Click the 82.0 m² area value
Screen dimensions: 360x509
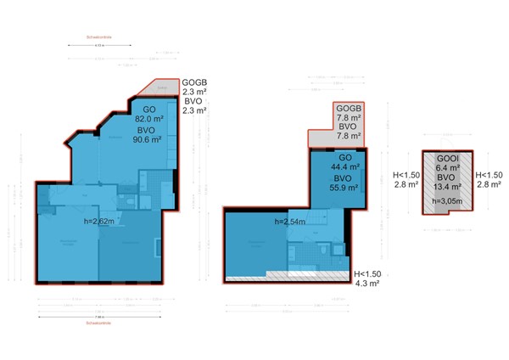tap(148, 120)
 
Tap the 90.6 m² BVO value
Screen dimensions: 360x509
tap(148, 140)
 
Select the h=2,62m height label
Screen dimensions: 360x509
tap(101, 221)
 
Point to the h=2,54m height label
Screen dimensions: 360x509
tap(291, 222)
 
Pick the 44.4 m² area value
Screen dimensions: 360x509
tap(344, 168)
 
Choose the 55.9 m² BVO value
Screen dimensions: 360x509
tap(344, 188)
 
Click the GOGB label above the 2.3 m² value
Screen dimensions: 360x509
tap(195, 82)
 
